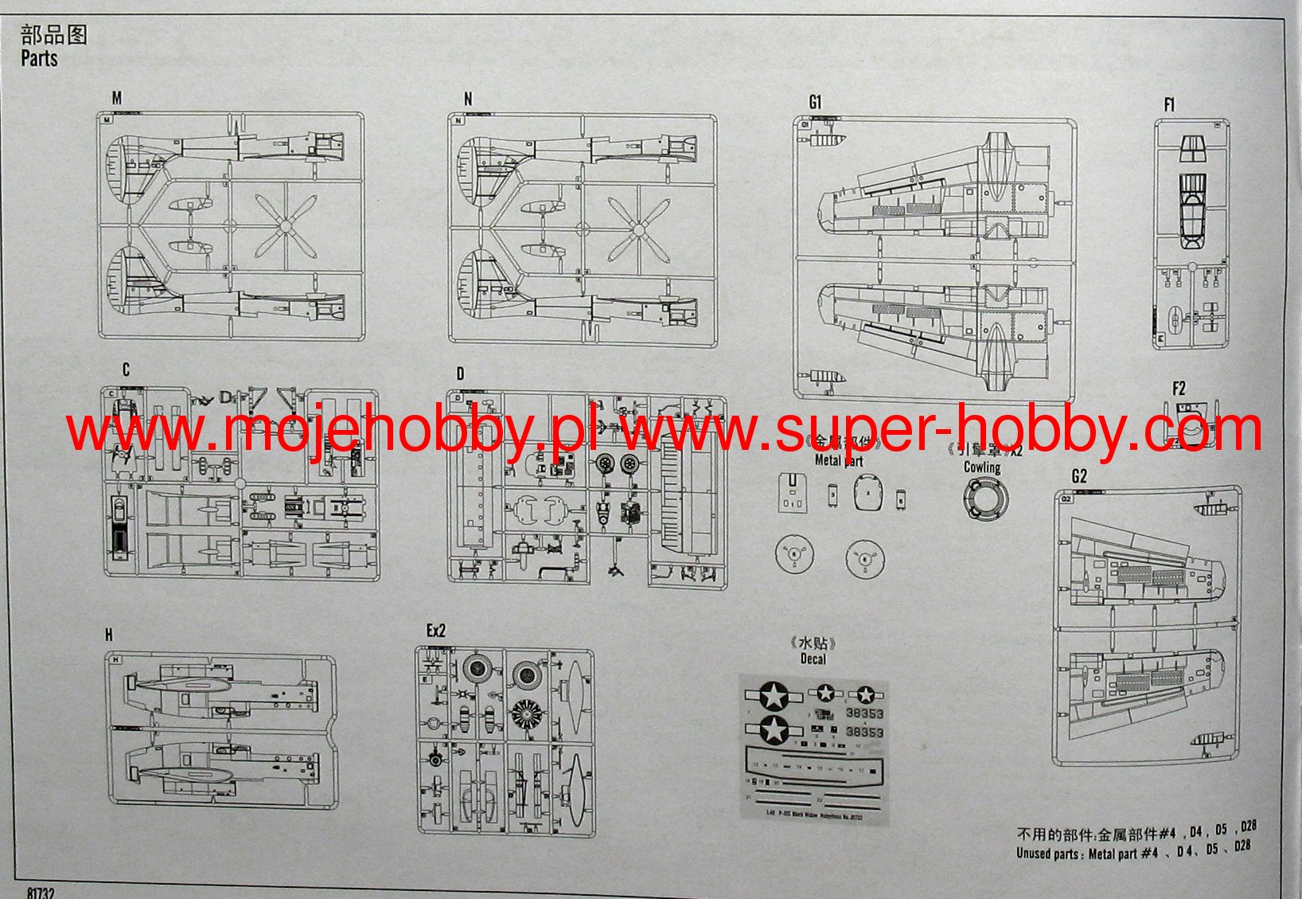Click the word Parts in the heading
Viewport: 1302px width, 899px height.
click(x=39, y=58)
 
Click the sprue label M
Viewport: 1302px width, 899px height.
click(x=117, y=98)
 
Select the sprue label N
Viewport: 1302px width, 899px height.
click(x=468, y=99)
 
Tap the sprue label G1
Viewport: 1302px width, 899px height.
click(x=814, y=102)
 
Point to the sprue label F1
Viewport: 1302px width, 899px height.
click(x=1169, y=104)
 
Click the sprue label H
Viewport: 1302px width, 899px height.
click(x=109, y=635)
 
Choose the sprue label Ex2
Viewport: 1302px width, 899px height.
click(x=436, y=631)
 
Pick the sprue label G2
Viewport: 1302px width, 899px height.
click(x=1079, y=476)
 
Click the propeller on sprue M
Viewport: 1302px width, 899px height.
click(x=285, y=226)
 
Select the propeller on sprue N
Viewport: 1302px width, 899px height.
click(x=638, y=229)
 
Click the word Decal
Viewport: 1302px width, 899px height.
click(x=813, y=659)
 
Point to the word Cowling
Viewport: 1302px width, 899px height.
click(x=982, y=467)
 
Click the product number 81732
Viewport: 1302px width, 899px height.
click(x=41, y=893)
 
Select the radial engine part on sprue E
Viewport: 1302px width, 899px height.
click(x=526, y=713)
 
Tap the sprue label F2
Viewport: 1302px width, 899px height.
click(x=1179, y=389)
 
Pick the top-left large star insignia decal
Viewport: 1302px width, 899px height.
click(x=772, y=695)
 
